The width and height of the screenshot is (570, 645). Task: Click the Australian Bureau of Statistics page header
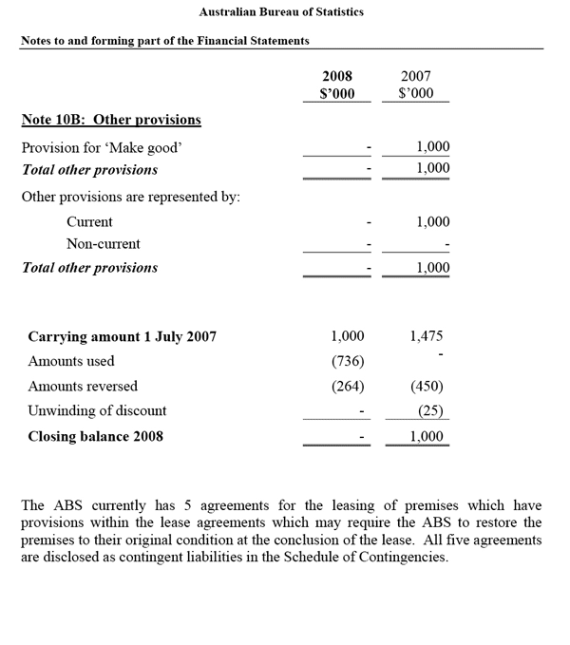click(281, 12)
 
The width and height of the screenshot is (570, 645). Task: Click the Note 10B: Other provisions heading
click(111, 120)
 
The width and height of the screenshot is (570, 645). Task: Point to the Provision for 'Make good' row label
click(101, 147)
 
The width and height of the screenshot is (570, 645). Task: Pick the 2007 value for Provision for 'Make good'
click(432, 147)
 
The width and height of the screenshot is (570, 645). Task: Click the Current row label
click(89, 221)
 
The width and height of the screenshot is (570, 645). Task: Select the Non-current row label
click(104, 244)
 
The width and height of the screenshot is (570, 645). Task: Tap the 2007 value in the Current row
click(432, 221)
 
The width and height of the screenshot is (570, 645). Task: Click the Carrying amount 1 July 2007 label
click(123, 336)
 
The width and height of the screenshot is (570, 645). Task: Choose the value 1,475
click(427, 336)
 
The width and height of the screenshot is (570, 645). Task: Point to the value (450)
click(427, 387)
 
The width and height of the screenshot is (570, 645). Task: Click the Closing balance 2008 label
click(95, 436)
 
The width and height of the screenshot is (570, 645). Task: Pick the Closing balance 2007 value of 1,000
click(427, 436)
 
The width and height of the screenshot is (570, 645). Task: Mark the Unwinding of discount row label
click(97, 411)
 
